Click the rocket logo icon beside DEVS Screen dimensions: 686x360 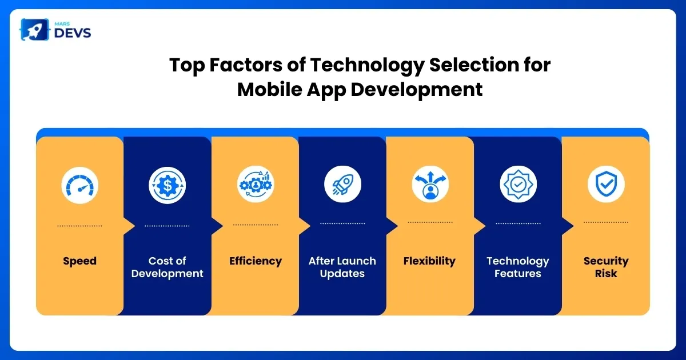click(35, 30)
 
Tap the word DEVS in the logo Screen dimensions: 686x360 click(72, 33)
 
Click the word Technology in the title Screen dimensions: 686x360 click(367, 66)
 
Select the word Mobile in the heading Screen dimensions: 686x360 click(269, 89)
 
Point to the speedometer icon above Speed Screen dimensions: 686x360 click(79, 186)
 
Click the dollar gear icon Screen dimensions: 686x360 click(167, 185)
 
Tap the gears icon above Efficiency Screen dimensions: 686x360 click(256, 184)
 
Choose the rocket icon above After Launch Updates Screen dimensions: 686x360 click(342, 184)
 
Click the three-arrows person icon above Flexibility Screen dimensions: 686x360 click(430, 184)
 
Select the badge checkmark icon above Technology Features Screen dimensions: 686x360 click(518, 184)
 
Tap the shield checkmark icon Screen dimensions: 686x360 click(606, 184)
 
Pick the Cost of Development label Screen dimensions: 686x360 click(167, 267)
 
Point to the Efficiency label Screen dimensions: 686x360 click(256, 261)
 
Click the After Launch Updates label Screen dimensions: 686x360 click(342, 267)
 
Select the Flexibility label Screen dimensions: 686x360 click(429, 261)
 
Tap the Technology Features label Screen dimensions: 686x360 click(518, 267)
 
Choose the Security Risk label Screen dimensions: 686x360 click(606, 267)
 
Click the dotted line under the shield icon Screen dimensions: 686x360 click(606, 222)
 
